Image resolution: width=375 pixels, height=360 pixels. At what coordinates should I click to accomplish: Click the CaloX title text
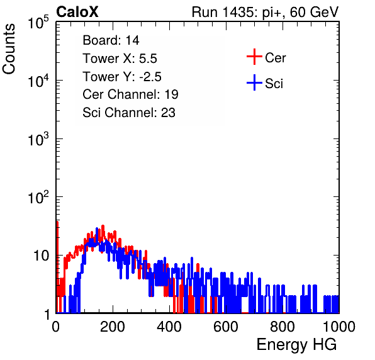click(77, 12)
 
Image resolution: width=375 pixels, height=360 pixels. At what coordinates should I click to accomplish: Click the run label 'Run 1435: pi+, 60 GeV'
click(266, 13)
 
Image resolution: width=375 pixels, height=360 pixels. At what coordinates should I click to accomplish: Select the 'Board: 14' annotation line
click(111, 40)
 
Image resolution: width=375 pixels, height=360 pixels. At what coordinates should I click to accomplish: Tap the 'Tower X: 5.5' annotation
click(120, 59)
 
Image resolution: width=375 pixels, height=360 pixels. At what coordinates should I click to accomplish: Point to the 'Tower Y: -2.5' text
click(122, 77)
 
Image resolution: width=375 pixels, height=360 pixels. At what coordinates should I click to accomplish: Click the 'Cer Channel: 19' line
click(130, 94)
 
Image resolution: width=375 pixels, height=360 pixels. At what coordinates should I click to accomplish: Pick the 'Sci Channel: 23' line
click(129, 113)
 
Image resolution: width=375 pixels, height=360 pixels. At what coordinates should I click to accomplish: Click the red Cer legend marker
click(254, 57)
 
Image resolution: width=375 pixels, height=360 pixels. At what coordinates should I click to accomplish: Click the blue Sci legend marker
click(254, 82)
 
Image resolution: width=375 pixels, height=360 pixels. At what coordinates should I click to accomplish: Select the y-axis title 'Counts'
click(9, 49)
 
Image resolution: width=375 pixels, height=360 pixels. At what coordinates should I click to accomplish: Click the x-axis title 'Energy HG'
click(296, 345)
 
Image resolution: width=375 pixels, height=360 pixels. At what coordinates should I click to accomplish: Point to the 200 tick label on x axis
click(113, 327)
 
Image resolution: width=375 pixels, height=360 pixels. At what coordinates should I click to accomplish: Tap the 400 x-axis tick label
click(169, 327)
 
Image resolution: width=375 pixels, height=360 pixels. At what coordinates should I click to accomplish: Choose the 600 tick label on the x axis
click(226, 327)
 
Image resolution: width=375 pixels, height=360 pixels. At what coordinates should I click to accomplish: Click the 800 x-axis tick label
click(283, 327)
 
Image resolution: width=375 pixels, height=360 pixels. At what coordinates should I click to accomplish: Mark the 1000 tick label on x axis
click(339, 327)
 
